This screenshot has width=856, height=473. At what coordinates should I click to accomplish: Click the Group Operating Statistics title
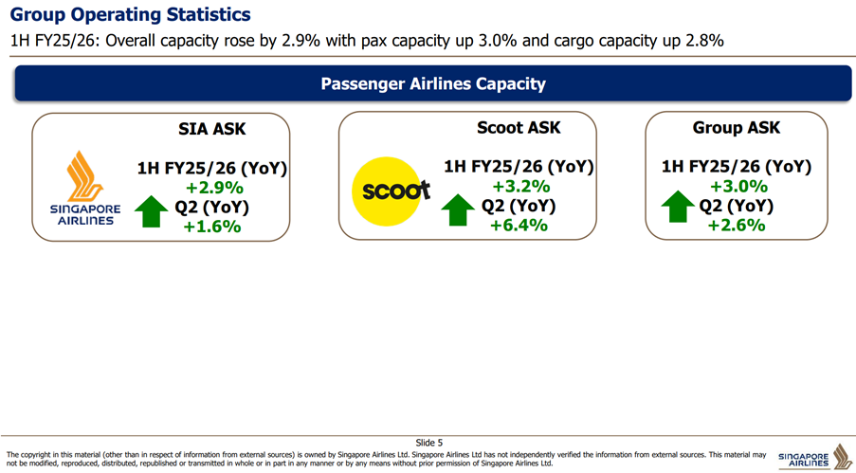(130, 15)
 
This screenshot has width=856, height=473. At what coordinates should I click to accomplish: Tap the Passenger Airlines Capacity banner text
(433, 84)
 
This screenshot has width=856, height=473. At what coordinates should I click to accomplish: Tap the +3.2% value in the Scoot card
(519, 186)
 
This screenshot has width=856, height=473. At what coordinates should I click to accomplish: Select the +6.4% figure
(519, 226)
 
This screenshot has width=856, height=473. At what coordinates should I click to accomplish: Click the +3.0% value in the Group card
(738, 186)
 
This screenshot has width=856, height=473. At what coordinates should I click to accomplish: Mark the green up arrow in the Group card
(677, 207)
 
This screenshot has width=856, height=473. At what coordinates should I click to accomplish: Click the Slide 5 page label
(429, 442)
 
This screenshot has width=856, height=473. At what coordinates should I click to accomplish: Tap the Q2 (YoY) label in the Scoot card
(519, 206)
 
